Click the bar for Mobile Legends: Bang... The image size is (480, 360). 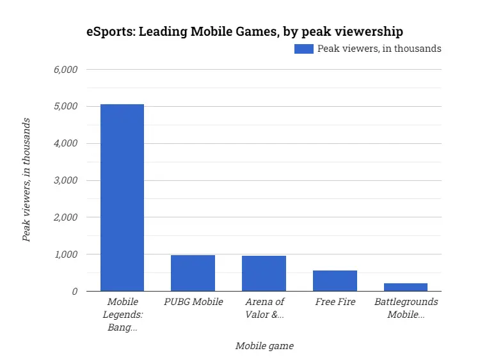coord(122,198)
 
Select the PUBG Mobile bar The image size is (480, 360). coord(193,273)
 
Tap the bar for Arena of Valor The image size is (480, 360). coord(264,274)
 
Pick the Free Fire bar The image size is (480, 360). coord(335,281)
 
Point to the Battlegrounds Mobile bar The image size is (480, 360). coord(406,287)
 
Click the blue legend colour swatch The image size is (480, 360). coord(304,49)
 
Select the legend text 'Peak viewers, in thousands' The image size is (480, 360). coord(380,49)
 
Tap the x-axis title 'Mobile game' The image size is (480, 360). coord(264,346)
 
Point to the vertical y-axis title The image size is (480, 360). coord(26,180)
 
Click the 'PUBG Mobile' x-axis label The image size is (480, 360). coord(193,302)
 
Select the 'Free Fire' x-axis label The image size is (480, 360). coord(335,302)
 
